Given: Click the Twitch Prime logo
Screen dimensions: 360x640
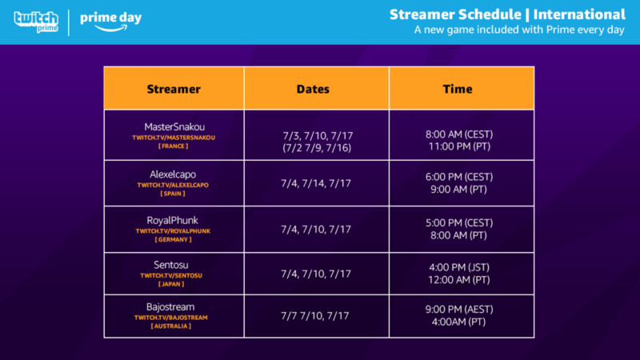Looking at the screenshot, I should click(37, 22).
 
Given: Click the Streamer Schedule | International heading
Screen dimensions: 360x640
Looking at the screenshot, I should click(507, 14).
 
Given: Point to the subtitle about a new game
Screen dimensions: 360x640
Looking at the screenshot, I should click(519, 30).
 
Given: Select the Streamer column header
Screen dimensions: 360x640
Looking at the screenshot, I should click(174, 89).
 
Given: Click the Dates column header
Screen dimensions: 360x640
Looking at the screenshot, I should click(317, 89).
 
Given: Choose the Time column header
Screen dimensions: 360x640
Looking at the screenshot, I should click(462, 89).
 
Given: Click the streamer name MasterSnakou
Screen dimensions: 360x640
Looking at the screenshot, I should click(174, 126).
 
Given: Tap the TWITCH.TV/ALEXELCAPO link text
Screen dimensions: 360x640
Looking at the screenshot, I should click(174, 185).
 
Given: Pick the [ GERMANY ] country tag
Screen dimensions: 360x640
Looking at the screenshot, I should click(174, 239).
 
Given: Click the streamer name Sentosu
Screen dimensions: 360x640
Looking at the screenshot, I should click(174, 264).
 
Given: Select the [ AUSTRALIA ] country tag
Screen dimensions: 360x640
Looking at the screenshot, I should click(174, 326).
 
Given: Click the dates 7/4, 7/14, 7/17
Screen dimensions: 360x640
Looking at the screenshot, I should click(317, 183).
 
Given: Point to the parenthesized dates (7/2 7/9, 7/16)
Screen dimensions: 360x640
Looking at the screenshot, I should click(317, 149).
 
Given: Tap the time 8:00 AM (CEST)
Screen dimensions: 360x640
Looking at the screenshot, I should click(462, 134).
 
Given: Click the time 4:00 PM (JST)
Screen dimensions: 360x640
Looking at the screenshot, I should click(462, 267).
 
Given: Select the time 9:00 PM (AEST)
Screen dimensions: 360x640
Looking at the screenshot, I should click(462, 310).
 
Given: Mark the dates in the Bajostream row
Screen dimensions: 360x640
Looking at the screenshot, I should click(317, 316).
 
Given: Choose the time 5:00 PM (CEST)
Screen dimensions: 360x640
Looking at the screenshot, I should click(462, 223).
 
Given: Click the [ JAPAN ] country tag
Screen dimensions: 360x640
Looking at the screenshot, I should click(174, 283).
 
